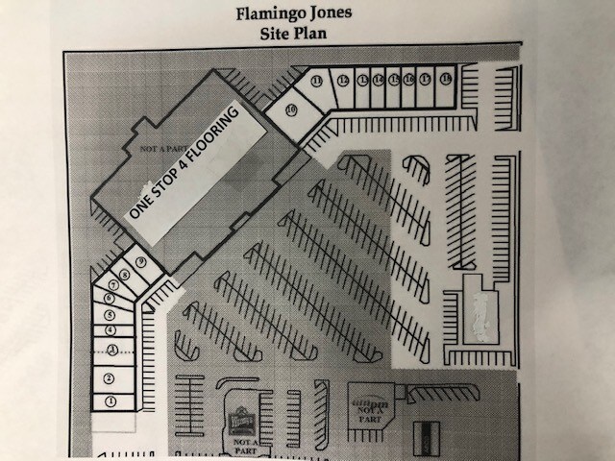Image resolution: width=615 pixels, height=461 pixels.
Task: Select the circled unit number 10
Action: point(290,109)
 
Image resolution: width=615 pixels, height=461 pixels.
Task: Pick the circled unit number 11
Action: point(317,81)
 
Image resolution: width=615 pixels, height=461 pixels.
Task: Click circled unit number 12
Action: point(343,81)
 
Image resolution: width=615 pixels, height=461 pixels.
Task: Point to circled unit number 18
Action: point(445,79)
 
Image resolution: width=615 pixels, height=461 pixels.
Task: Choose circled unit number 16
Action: point(409,80)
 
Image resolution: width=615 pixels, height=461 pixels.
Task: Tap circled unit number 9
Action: point(140,261)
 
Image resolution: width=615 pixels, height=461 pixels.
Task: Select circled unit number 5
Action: point(111,314)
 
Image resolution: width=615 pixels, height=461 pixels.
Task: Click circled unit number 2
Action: point(110,376)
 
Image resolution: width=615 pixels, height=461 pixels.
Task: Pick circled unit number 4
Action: point(111,329)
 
